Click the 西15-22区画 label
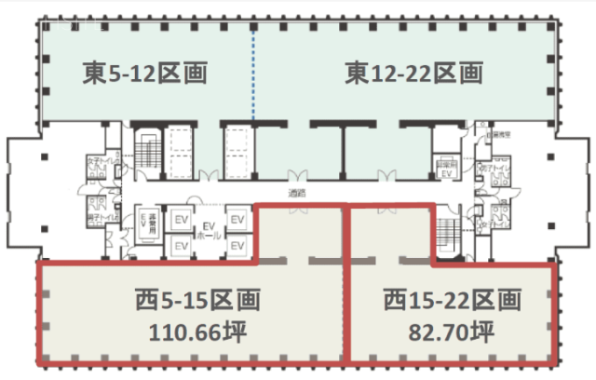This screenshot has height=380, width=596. (451, 300)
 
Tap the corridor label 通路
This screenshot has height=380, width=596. (297, 195)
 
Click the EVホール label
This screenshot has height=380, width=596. (208, 232)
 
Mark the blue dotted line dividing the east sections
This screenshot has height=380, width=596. (254, 75)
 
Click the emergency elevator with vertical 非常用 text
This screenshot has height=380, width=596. (145, 224)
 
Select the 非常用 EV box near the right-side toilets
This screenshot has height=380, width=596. (444, 170)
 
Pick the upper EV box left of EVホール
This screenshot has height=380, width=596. (180, 219)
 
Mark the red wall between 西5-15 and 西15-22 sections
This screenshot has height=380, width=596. (345, 289)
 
